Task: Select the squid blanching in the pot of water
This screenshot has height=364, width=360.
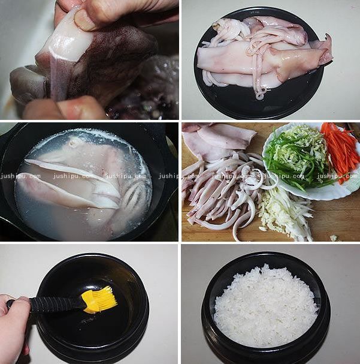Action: tap(84, 180)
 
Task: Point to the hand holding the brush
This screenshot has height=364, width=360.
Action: tap(13, 324)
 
